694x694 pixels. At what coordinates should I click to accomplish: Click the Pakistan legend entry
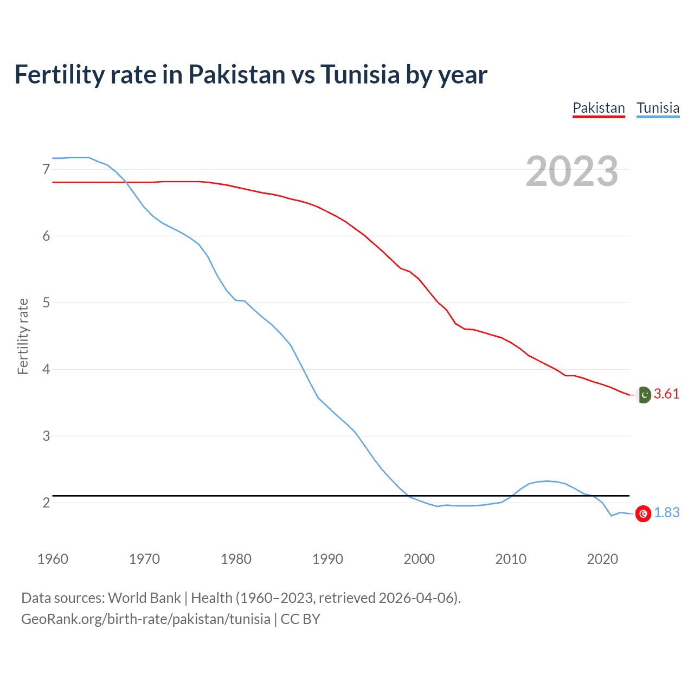[599, 108]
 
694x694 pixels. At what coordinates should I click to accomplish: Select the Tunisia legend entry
[658, 108]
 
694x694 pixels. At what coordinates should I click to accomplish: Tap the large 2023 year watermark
[572, 171]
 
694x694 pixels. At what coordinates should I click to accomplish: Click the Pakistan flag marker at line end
[643, 395]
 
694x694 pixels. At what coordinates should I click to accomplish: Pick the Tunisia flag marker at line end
[643, 513]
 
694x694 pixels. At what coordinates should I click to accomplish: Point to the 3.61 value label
[666, 394]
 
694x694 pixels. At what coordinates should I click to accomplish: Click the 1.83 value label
[666, 513]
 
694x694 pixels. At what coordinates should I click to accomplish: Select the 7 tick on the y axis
[46, 170]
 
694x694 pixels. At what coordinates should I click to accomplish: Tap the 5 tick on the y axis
[46, 303]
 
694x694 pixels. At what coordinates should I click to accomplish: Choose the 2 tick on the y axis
[46, 503]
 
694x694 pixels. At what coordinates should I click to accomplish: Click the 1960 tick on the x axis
[53, 559]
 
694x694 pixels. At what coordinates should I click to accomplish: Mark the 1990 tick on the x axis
[327, 559]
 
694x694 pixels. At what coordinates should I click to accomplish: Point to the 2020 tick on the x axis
[602, 559]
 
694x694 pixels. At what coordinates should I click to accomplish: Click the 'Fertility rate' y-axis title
[23, 336]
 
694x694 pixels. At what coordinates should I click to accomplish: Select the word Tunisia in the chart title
[360, 74]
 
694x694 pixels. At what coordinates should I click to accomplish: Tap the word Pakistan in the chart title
[236, 74]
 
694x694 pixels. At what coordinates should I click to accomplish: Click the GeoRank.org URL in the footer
[145, 619]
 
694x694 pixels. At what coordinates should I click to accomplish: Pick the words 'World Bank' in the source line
[144, 598]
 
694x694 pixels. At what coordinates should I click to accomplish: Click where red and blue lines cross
[127, 182]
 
